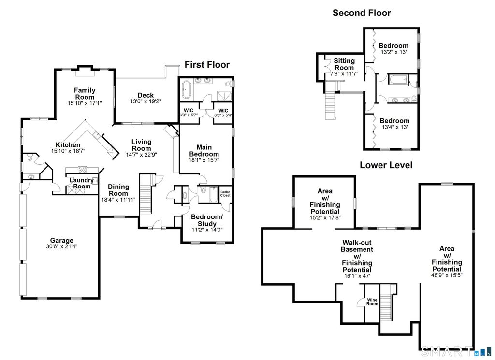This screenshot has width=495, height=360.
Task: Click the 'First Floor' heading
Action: point(207,65)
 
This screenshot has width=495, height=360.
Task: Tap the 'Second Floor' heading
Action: point(361,13)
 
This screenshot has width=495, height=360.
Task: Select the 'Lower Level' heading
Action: point(386,165)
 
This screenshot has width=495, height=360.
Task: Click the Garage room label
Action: point(62,240)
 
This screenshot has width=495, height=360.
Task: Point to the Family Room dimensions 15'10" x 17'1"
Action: point(85,103)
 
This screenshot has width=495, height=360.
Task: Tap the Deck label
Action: point(146,95)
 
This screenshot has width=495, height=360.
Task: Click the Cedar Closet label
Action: point(225,194)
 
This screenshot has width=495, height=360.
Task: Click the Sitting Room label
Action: point(344,64)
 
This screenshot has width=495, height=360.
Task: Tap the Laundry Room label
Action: point(82,183)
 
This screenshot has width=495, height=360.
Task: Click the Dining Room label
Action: point(118,187)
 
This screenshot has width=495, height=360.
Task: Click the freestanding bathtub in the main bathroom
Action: point(187,90)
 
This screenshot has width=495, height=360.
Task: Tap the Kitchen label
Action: point(68,145)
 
